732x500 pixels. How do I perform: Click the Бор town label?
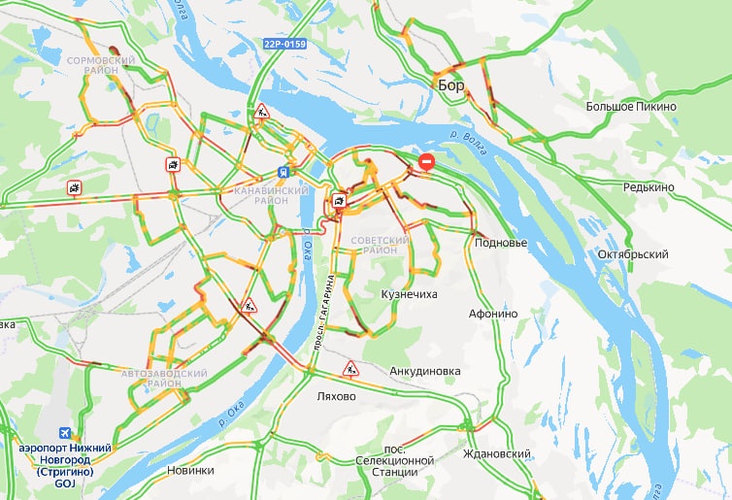(x=451, y=85)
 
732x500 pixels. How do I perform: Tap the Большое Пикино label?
(x=631, y=106)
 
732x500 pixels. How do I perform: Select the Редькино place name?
(x=649, y=186)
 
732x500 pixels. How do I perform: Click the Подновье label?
(x=500, y=243)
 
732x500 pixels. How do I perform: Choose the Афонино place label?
(x=493, y=314)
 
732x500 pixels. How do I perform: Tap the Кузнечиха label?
(x=411, y=292)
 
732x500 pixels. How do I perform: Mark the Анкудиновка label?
(x=424, y=371)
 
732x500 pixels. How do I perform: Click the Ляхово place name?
(x=337, y=397)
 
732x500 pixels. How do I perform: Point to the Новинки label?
(x=190, y=470)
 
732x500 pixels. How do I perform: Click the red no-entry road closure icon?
(x=426, y=162)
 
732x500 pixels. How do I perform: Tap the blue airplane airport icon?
(x=66, y=432)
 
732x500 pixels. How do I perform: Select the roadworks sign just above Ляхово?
(x=349, y=369)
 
